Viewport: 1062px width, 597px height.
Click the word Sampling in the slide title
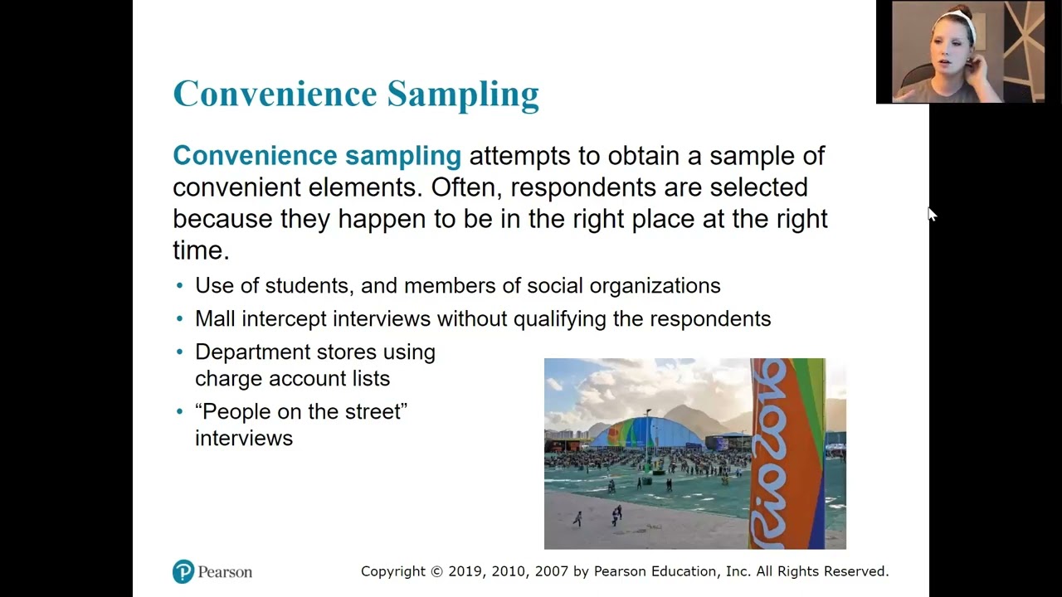click(x=463, y=95)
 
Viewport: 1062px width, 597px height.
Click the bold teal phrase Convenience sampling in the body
click(x=316, y=156)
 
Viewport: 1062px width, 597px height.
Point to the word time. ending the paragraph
click(x=200, y=250)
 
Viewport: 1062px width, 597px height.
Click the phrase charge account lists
click(x=292, y=379)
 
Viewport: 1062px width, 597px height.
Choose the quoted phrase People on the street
click(x=301, y=412)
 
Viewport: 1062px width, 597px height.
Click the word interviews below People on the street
click(x=244, y=439)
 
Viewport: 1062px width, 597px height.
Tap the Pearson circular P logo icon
click(x=183, y=571)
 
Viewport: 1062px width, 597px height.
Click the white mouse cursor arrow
click(x=932, y=215)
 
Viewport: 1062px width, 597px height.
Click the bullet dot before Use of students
click(x=180, y=286)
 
